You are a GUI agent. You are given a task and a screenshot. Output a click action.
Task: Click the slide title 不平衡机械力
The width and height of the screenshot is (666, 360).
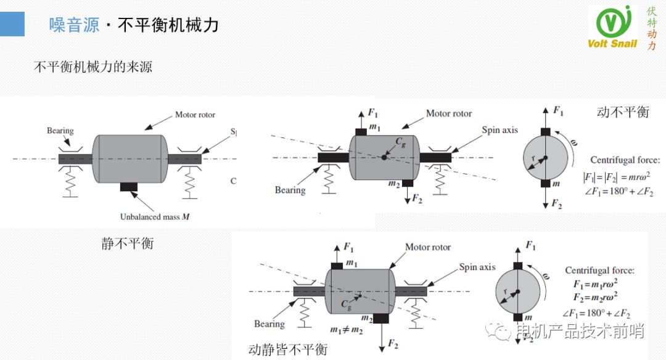tap(167, 25)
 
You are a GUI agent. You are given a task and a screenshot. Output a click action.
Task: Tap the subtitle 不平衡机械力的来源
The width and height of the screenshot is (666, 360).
tap(93, 67)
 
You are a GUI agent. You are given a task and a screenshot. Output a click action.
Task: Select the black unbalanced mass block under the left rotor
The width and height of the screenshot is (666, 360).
tap(129, 186)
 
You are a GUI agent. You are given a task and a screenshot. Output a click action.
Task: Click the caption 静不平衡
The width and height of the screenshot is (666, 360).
tap(128, 243)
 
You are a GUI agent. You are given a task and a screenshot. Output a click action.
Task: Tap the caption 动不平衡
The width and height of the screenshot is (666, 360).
tap(623, 112)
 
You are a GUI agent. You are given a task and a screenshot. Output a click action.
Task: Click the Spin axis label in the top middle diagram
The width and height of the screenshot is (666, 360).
tap(500, 130)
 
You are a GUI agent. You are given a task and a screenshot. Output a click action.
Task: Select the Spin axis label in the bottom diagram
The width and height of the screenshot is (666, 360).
tap(477, 267)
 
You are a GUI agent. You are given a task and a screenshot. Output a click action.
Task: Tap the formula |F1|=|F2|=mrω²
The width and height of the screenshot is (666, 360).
tap(619, 178)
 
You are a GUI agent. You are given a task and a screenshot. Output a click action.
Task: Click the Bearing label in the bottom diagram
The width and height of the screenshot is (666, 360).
tap(269, 324)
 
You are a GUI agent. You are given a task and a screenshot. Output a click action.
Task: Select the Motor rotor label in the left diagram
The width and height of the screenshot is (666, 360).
tap(195, 115)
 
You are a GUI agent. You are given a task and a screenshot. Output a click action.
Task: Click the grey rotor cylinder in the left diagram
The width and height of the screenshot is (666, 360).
tap(129, 158)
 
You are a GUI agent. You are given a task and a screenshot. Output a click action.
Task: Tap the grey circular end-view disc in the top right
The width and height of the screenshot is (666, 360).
tap(545, 158)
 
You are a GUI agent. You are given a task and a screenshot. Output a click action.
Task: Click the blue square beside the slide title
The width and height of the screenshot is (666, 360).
tap(12, 24)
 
